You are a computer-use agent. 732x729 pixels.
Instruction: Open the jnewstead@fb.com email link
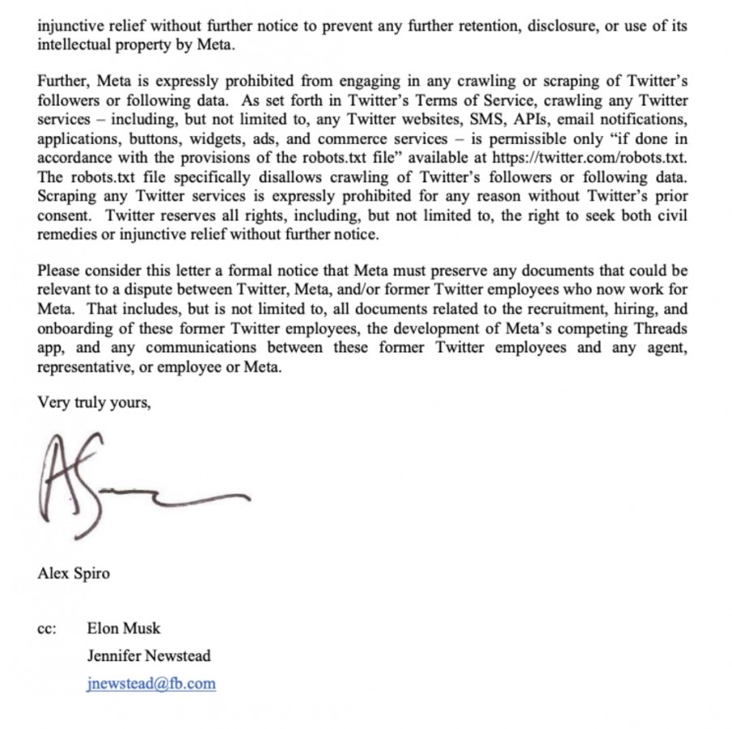(151, 683)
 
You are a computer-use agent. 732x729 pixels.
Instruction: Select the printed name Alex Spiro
(73, 573)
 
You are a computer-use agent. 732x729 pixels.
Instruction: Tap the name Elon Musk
(123, 628)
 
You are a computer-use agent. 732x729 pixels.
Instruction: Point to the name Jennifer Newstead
(148, 655)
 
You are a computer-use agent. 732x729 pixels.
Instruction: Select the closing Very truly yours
(94, 402)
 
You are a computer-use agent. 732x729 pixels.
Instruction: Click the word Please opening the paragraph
(58, 270)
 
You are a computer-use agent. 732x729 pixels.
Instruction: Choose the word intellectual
(74, 44)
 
